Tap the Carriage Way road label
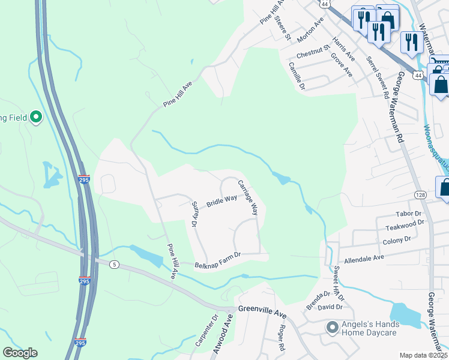coord(247,197)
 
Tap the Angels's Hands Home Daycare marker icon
coord(331,328)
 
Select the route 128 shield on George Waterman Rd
coord(420,195)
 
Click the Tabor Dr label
coord(409,214)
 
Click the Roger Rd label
coord(280,338)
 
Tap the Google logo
coord(20,353)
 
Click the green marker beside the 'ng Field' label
coord(35,117)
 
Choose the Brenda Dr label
coord(318,300)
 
